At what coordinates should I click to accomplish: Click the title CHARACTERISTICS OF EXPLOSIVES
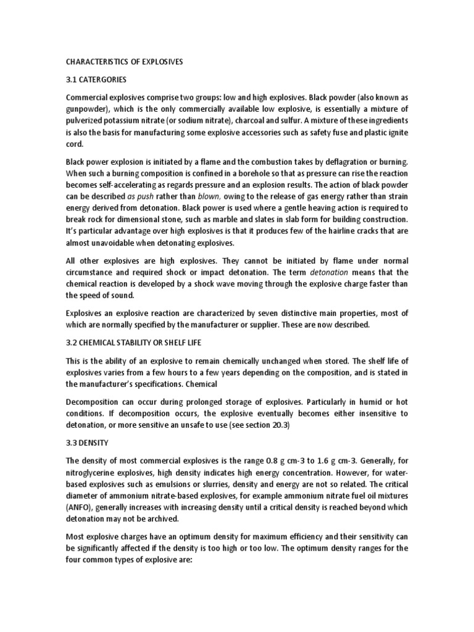click(x=124, y=62)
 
